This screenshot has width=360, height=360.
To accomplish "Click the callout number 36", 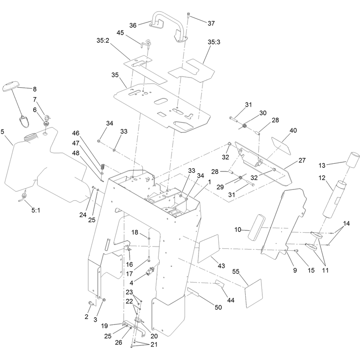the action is pyautogui.click(x=133, y=25).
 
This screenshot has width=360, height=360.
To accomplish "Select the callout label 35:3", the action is pyautogui.click(x=214, y=42).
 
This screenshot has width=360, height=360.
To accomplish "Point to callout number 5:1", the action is pyautogui.click(x=36, y=210).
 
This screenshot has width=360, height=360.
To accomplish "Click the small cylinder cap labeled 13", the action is pyautogui.click(x=352, y=159).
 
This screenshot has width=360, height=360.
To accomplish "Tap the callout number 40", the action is pyautogui.click(x=293, y=130).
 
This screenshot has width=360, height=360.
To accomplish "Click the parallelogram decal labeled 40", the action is pyautogui.click(x=281, y=146).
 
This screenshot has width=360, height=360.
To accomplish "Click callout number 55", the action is pyautogui.click(x=236, y=271).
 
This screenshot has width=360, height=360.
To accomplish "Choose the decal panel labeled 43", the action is pyautogui.click(x=208, y=249).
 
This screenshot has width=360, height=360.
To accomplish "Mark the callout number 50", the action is pyautogui.click(x=218, y=307).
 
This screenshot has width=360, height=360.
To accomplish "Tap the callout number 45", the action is pyautogui.click(x=120, y=33).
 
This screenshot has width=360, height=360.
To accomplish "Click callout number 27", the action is pyautogui.click(x=302, y=160).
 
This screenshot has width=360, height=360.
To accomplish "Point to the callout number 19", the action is pyautogui.click(x=104, y=326).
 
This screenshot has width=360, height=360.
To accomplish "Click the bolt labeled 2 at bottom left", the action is pyautogui.click(x=91, y=303).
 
